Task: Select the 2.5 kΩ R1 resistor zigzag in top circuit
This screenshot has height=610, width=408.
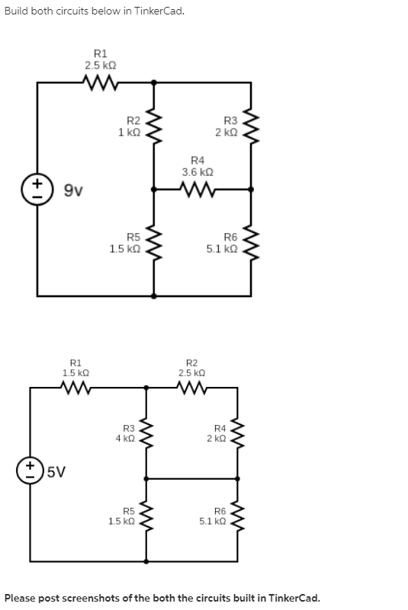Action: [100, 82]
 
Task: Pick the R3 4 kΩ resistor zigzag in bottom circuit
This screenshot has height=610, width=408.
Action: [148, 433]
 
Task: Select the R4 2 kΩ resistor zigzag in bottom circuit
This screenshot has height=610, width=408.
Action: [239, 433]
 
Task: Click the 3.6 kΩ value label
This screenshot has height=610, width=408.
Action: [197, 172]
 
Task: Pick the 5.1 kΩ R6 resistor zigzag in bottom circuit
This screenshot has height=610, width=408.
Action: [239, 516]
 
